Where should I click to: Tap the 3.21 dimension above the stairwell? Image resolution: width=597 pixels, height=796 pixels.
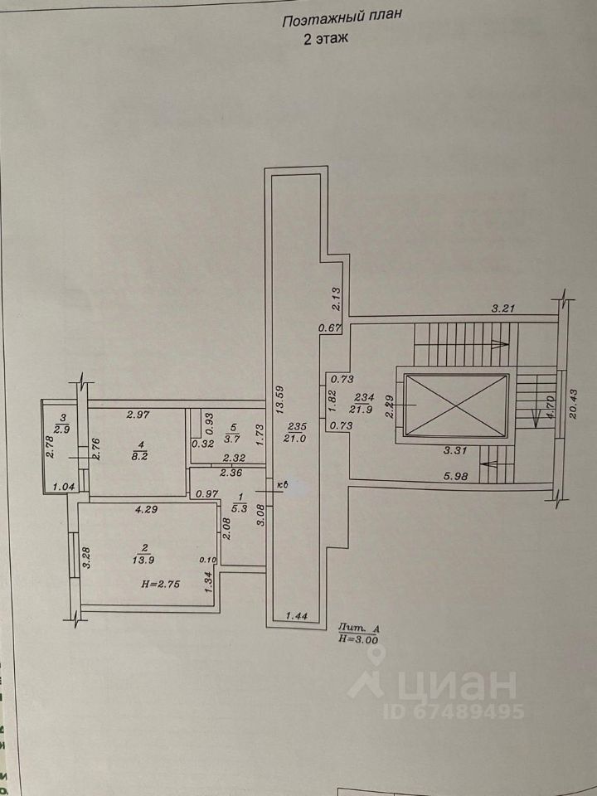coord(504,308)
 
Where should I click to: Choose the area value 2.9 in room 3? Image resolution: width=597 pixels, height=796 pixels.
coord(61,429)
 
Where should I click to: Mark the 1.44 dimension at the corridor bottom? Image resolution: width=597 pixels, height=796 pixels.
coord(297,615)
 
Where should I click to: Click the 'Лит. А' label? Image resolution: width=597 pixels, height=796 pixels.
coord(357,629)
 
